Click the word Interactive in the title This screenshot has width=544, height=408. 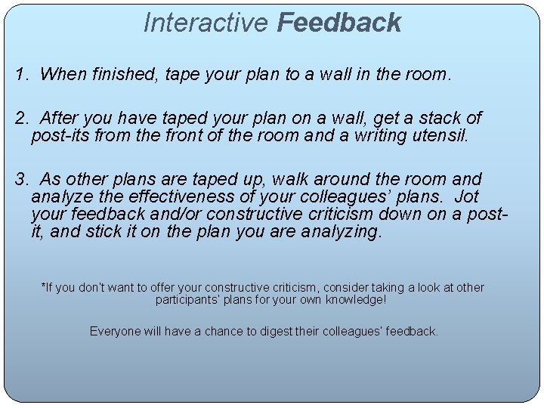pos(206,23)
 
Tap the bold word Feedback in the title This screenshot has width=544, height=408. pos(338,23)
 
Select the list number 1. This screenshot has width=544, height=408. pos(21,74)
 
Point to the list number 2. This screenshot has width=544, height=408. pos(21,118)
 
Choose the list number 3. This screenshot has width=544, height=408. pos(21,180)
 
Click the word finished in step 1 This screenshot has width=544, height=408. pos(119,74)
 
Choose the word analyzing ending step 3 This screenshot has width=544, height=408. pos(341,232)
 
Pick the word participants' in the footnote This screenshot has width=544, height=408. pos(188,300)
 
